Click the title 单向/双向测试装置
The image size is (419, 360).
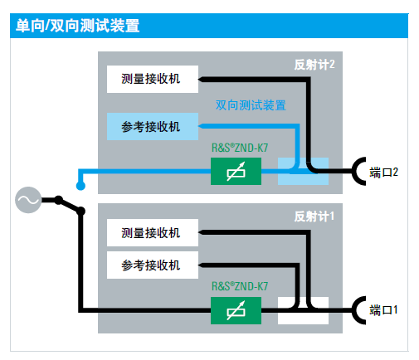(x=78, y=26)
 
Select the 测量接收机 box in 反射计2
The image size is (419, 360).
(x=153, y=79)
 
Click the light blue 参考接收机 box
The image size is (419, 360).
(x=153, y=126)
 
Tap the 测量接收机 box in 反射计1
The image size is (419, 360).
(x=153, y=232)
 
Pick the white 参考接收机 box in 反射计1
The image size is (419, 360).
(x=153, y=265)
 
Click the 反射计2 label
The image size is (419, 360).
(x=314, y=65)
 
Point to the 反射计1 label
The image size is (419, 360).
(x=314, y=216)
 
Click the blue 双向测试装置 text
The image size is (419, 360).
(x=251, y=105)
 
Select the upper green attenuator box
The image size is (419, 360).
(x=236, y=171)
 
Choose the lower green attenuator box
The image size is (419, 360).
(x=236, y=310)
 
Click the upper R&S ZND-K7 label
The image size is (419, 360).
(x=240, y=148)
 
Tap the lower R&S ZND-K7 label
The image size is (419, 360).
(x=240, y=286)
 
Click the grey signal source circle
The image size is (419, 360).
(x=28, y=200)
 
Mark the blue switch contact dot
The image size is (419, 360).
(x=80, y=186)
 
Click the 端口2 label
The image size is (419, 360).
(x=383, y=173)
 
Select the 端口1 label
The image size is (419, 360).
(x=383, y=310)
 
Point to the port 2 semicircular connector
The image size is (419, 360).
(x=356, y=172)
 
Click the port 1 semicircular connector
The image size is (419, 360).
(x=356, y=310)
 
